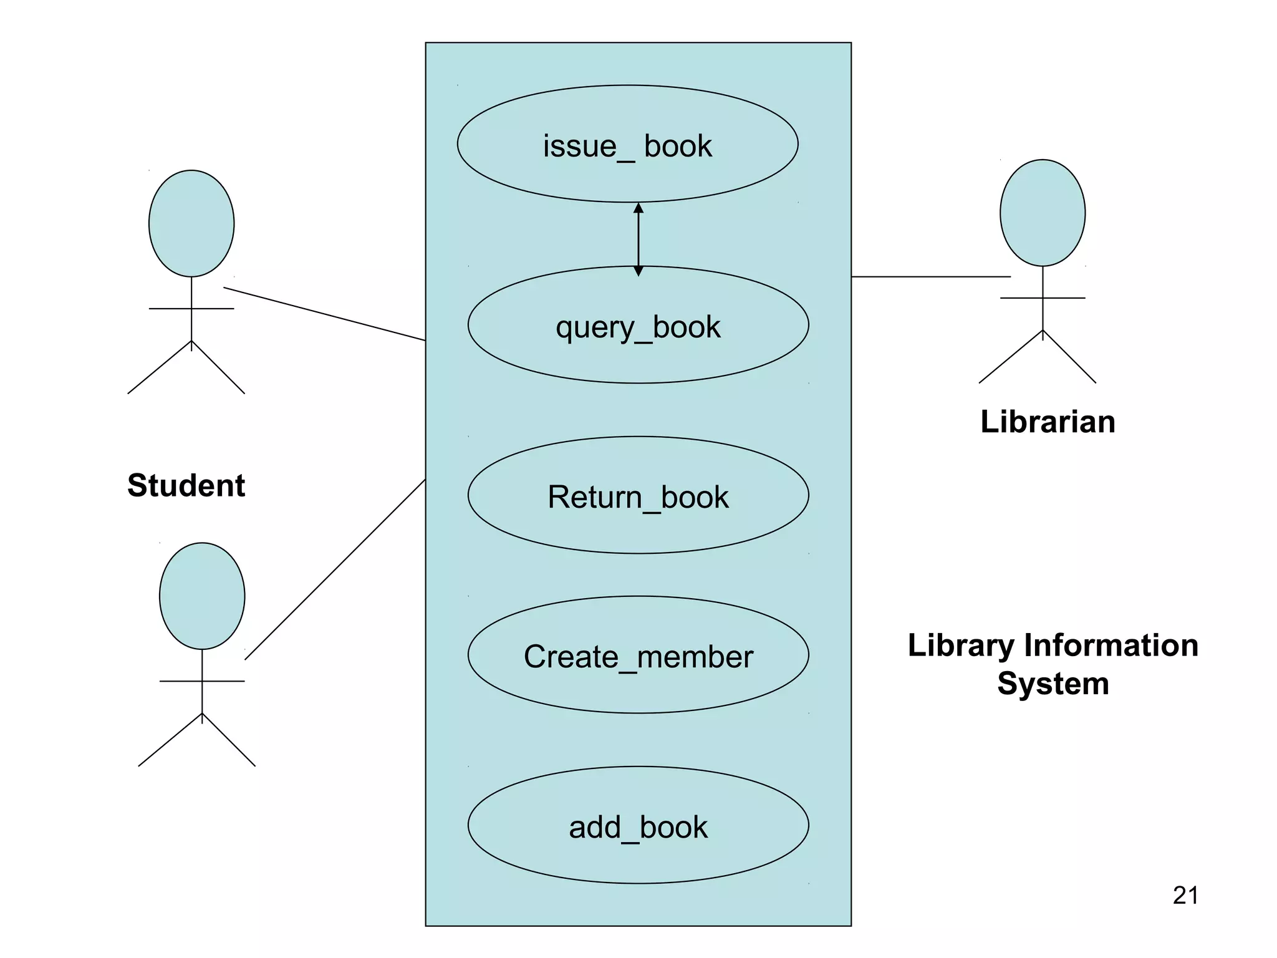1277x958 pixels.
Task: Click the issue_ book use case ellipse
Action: coord(627,145)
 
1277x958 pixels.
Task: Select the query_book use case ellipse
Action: coord(638,326)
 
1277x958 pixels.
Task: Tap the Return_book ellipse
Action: coord(638,496)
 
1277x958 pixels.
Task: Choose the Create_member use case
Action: coord(638,656)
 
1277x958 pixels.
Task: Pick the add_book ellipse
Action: coord(638,826)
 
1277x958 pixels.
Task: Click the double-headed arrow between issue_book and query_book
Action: coord(638,239)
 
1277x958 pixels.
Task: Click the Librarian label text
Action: coord(1048,422)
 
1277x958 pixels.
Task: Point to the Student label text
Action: coord(186,485)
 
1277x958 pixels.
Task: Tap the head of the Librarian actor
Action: coord(1042,213)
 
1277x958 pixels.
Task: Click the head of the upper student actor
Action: coord(191,223)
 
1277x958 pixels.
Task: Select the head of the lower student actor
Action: coord(202,596)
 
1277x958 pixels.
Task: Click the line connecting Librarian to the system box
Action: coord(930,276)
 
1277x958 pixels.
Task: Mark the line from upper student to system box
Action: coord(324,314)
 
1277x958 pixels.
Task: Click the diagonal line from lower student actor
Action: coord(335,569)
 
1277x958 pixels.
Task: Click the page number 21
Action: coord(1185,896)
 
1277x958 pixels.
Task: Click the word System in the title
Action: coord(1053,684)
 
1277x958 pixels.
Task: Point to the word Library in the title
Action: coord(961,646)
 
